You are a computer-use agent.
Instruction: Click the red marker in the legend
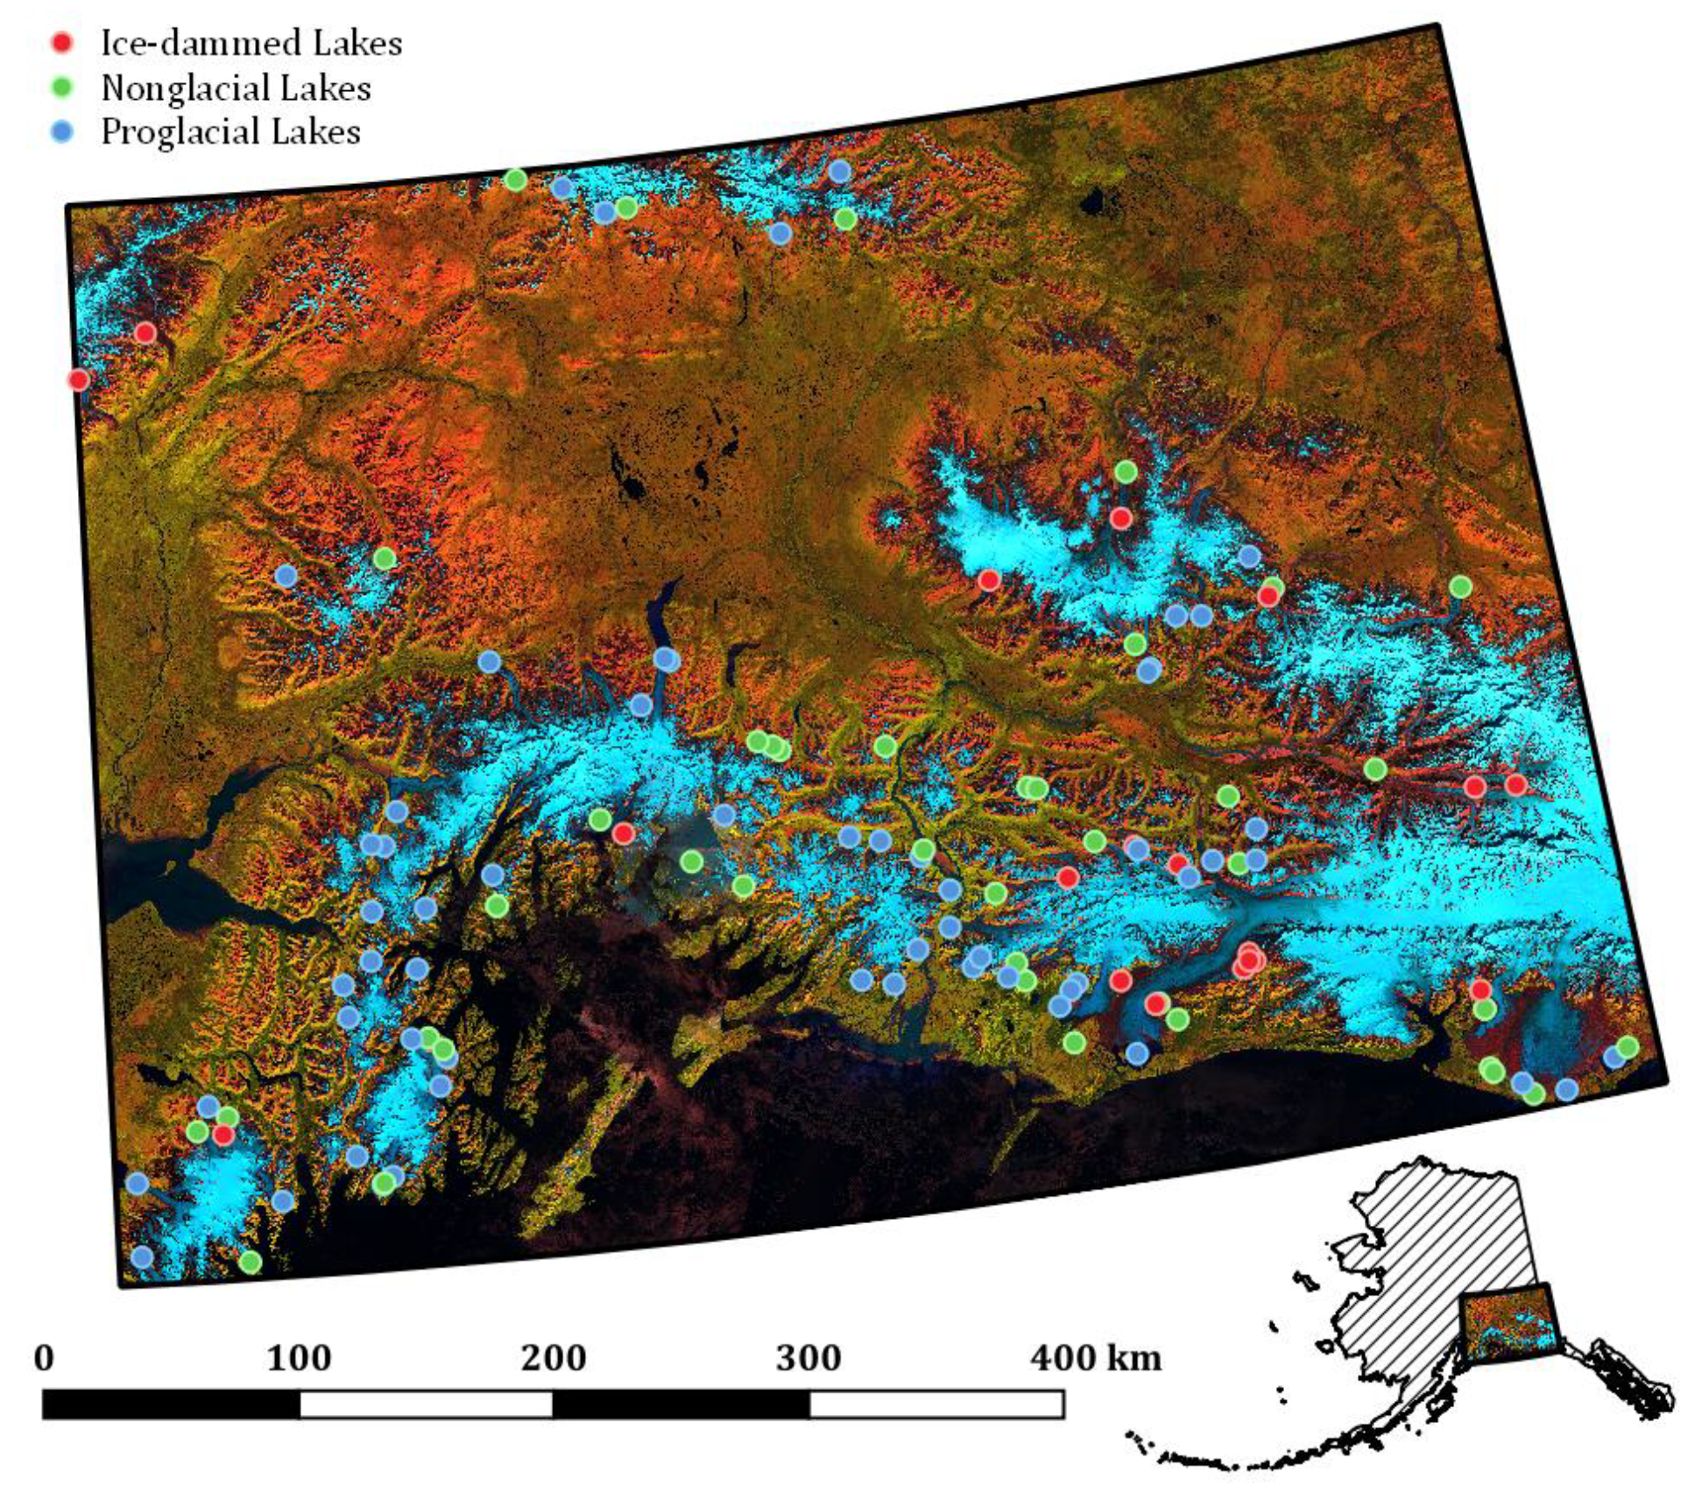[x=62, y=42]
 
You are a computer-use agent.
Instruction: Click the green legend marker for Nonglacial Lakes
[x=62, y=87]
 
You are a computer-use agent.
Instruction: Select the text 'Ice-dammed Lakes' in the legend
[x=251, y=43]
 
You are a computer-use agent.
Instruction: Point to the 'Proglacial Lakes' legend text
[x=230, y=131]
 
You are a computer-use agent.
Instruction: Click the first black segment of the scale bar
[x=171, y=1405]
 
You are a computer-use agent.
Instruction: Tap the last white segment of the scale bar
[x=936, y=1405]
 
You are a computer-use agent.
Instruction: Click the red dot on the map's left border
[x=79, y=379]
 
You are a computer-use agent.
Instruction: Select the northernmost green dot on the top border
[x=515, y=180]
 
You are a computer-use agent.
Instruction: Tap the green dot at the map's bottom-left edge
[x=251, y=1262]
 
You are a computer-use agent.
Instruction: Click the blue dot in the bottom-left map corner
[x=142, y=1257]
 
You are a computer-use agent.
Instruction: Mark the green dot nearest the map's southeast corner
[x=1627, y=1046]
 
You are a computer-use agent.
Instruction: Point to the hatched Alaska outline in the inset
[x=1437, y=1227]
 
